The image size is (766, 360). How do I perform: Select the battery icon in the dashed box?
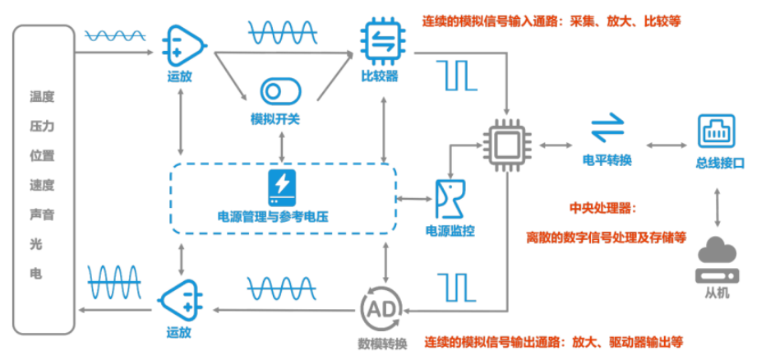(x=281, y=188)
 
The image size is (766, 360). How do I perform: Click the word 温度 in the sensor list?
(x=42, y=97)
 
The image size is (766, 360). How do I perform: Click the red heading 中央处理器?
(x=603, y=209)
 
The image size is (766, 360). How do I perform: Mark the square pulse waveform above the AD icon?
(x=458, y=283)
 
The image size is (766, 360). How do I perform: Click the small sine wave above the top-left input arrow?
(x=117, y=35)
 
